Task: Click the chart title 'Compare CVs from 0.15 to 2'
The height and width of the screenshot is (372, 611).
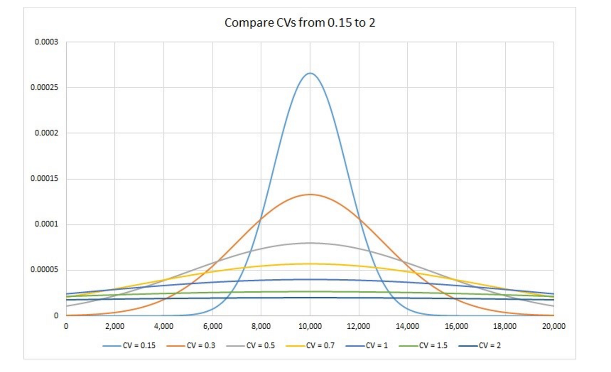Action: coord(300,23)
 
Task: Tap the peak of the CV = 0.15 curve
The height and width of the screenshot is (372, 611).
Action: coord(310,73)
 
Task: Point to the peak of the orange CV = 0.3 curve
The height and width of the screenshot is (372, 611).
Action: coord(310,195)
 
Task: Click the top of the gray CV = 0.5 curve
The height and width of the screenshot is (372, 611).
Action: coord(310,243)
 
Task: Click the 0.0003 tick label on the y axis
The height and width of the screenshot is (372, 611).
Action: coord(46,42)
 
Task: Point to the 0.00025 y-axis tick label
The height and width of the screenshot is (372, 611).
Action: coord(45,88)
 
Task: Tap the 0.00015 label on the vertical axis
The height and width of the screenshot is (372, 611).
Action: coord(45,179)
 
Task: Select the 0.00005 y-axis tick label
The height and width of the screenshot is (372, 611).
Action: coord(45,270)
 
